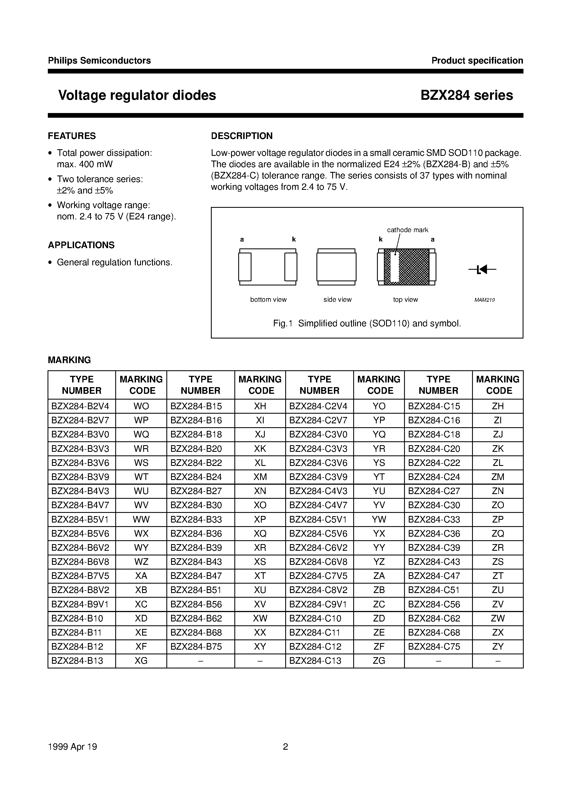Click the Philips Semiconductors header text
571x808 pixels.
(99, 61)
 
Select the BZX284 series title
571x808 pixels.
(467, 95)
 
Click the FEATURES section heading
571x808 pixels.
(72, 136)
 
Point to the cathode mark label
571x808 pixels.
(407, 230)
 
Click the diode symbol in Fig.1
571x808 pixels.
(482, 270)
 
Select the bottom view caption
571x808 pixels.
(268, 300)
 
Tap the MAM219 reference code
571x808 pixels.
(484, 300)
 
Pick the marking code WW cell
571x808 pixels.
(141, 520)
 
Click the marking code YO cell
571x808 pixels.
(379, 406)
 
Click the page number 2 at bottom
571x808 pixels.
(285, 746)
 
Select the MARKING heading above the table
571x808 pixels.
(69, 360)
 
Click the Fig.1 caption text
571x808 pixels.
(367, 323)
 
